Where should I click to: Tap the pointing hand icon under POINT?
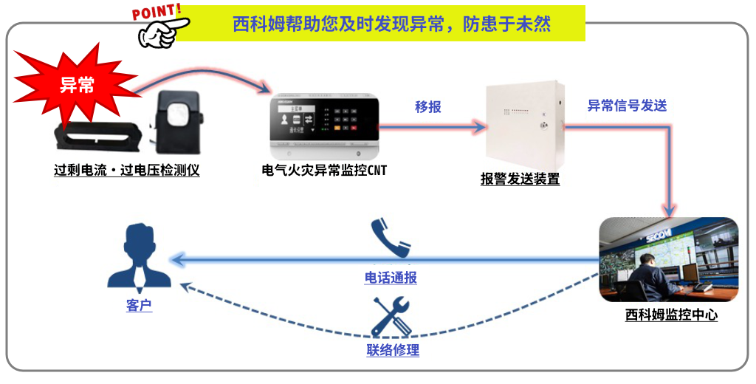(x=160, y=30)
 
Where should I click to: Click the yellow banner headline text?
(x=391, y=24)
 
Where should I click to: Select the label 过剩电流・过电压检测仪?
(x=127, y=170)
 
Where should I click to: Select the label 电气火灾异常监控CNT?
(x=324, y=171)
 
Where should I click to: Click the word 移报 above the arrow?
(x=428, y=107)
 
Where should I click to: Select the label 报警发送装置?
(x=520, y=179)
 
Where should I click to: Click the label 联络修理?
(x=393, y=350)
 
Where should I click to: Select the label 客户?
(x=139, y=305)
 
